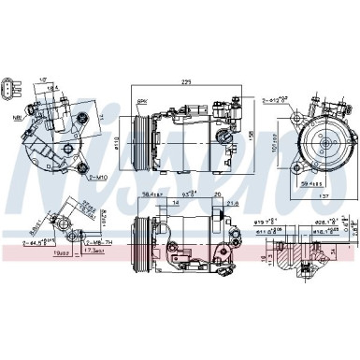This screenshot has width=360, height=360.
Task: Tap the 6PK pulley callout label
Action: pyautogui.click(x=142, y=100)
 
